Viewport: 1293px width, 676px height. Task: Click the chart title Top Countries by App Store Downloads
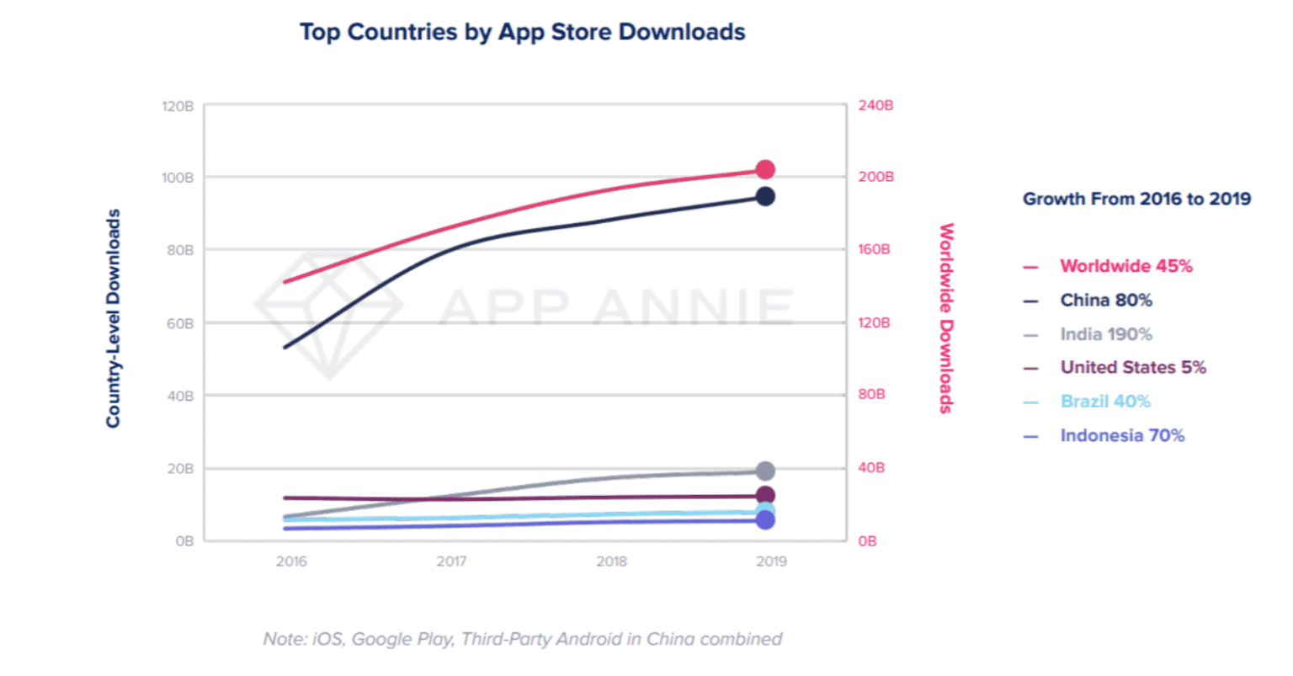tap(522, 32)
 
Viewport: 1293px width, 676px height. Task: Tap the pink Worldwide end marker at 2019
tap(764, 170)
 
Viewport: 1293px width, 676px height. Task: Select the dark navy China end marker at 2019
tap(764, 197)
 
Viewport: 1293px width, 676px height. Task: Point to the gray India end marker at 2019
tap(764, 471)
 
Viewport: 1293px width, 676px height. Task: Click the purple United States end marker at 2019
tap(764, 496)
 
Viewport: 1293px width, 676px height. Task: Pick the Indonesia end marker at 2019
tap(764, 520)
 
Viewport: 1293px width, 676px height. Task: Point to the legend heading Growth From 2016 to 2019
tap(1136, 200)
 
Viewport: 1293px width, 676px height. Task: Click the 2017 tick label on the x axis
tap(451, 562)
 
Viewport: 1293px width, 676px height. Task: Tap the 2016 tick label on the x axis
tap(291, 562)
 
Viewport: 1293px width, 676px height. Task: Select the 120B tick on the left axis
tap(178, 107)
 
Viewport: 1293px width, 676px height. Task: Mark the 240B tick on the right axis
tap(875, 106)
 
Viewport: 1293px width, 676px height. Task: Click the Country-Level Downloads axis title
tap(113, 318)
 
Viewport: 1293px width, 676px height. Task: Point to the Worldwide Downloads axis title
tap(946, 318)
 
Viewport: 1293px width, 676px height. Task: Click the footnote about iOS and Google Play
tap(522, 639)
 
